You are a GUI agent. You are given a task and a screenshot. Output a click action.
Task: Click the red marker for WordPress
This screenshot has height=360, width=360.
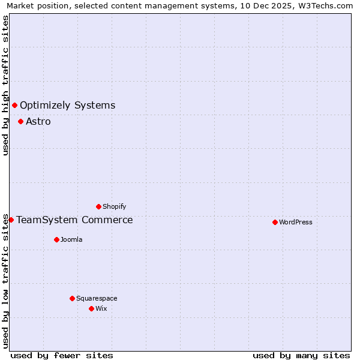click(275, 222)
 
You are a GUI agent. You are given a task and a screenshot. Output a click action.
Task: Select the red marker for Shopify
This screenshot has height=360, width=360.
click(98, 206)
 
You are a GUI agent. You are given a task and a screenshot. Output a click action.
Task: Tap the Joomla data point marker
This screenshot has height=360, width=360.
click(56, 239)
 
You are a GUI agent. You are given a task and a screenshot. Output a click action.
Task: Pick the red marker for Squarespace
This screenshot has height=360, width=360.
click(72, 298)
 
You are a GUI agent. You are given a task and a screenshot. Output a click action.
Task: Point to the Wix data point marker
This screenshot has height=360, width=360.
click(91, 308)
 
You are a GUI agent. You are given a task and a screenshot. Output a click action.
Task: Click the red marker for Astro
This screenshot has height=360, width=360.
click(20, 121)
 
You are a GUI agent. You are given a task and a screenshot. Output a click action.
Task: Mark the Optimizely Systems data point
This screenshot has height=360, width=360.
click(14, 106)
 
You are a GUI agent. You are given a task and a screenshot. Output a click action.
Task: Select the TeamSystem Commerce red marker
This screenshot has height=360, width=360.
click(11, 220)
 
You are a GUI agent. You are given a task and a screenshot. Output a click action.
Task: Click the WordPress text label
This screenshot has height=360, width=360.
click(296, 222)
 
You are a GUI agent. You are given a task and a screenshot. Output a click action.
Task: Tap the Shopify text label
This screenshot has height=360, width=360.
click(115, 206)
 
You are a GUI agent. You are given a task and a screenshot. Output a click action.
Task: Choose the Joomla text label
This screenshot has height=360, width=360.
click(71, 239)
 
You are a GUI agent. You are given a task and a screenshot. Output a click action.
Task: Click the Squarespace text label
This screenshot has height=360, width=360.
click(97, 298)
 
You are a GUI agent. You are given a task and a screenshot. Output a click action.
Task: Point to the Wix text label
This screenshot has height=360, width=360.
click(101, 308)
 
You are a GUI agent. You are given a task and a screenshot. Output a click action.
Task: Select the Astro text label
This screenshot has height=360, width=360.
click(38, 122)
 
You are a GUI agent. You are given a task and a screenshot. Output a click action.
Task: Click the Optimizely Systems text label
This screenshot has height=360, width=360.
click(68, 106)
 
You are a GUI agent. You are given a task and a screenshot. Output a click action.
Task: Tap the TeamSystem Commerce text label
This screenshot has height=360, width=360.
click(75, 220)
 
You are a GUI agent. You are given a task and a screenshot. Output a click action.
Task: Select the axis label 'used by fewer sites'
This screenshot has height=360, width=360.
click(62, 355)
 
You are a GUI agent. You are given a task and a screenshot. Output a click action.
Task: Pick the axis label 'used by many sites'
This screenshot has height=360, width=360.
click(301, 355)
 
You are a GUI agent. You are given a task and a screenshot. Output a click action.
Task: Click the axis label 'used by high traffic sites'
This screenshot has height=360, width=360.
click(6, 85)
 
